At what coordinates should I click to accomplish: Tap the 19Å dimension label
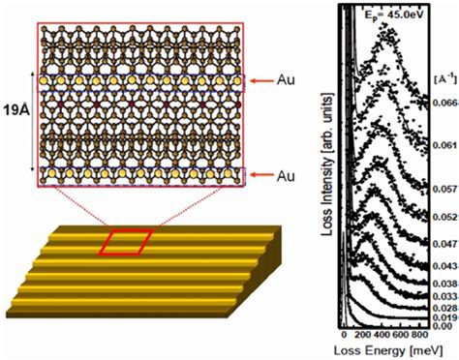click(x=14, y=129)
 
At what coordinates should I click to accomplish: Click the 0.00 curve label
click(x=441, y=326)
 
